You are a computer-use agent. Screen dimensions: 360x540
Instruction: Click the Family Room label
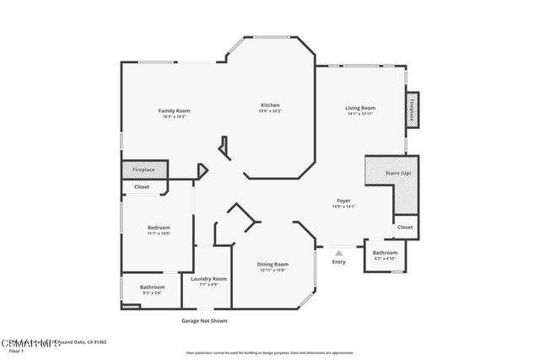175,110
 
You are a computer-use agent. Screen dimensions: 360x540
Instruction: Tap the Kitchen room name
270,105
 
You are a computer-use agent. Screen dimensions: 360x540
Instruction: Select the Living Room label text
360,108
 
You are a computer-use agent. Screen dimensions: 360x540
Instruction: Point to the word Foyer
343,201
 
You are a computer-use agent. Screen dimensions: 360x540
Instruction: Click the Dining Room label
273,264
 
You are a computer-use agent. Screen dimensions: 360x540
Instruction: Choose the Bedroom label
159,228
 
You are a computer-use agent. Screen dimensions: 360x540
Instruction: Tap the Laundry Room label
208,278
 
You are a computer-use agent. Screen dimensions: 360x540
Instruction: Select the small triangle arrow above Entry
338,251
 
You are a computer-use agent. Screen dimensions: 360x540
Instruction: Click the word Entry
338,261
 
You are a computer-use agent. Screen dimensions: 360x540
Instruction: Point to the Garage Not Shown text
204,320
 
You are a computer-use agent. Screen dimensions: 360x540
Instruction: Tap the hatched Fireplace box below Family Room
144,169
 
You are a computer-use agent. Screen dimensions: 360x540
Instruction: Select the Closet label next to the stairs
405,227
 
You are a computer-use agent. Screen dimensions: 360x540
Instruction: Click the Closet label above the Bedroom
142,186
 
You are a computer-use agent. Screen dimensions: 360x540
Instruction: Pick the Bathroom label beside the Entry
385,252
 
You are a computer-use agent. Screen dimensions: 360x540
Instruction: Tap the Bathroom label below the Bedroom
152,287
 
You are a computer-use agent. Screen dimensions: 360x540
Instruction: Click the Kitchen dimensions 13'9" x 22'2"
270,111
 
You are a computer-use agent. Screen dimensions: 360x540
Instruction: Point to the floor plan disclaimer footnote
269,352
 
